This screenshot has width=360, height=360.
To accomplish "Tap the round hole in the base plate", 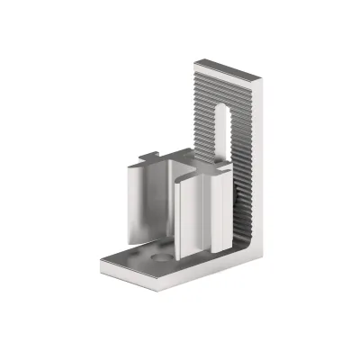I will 162,257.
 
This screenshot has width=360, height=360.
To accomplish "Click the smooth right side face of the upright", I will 262,162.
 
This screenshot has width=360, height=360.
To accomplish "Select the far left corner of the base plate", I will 99,261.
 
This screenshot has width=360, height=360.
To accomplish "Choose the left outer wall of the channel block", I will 135,202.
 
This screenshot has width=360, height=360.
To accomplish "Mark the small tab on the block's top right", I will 215,167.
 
